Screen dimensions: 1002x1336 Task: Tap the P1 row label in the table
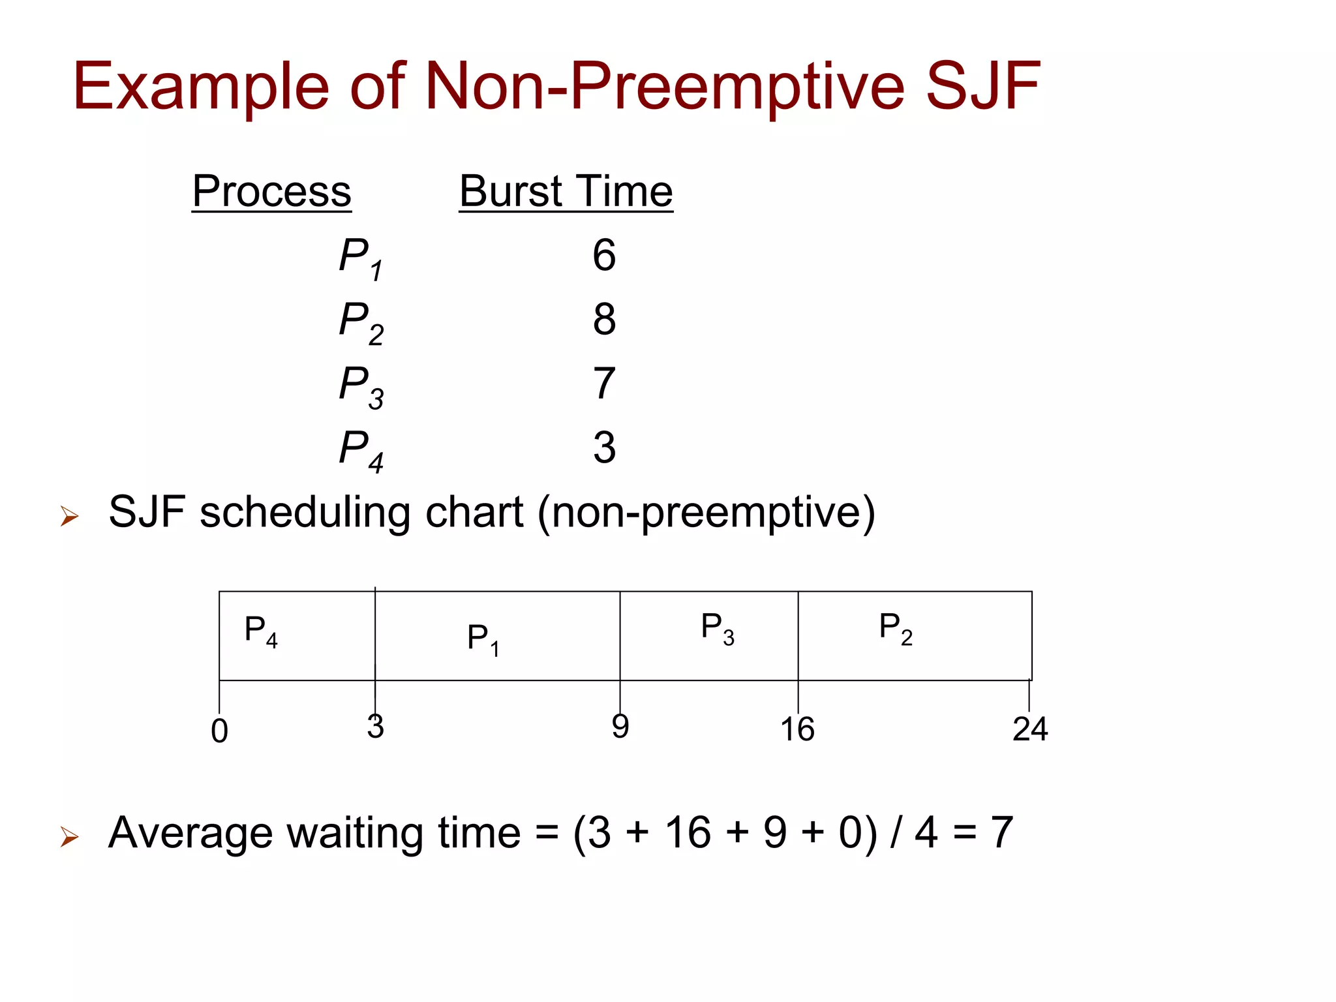(x=361, y=257)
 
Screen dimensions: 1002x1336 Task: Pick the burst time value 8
(x=604, y=319)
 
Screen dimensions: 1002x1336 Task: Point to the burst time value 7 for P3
(x=604, y=383)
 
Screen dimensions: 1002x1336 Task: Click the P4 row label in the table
(x=361, y=449)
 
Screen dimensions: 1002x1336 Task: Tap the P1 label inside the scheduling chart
(x=483, y=639)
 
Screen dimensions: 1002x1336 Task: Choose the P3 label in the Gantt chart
(x=718, y=628)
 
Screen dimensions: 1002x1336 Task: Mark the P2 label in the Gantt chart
(x=896, y=628)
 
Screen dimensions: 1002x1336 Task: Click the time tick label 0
(x=220, y=731)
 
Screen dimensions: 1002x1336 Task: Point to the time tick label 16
(x=797, y=729)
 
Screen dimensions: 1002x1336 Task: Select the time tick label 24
(x=1030, y=729)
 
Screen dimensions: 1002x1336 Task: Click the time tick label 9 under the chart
(x=620, y=726)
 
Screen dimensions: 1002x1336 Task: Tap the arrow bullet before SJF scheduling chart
(x=69, y=516)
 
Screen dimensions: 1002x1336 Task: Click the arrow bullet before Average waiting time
(x=69, y=836)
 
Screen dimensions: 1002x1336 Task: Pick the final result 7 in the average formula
(x=1002, y=832)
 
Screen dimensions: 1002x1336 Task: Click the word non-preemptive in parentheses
(x=706, y=512)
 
